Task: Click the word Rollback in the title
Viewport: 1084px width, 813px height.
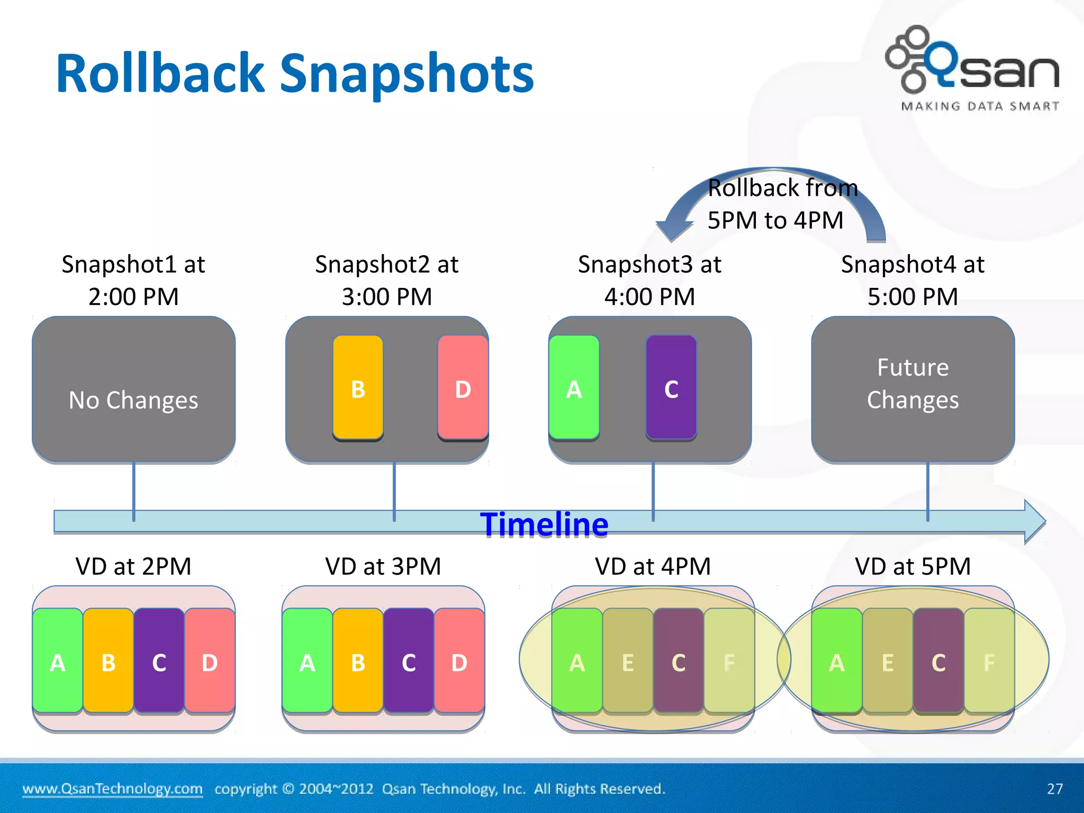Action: pyautogui.click(x=159, y=74)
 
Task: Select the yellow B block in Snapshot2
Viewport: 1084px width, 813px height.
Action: pyautogui.click(x=358, y=387)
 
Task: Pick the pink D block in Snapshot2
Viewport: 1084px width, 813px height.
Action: pyautogui.click(x=463, y=387)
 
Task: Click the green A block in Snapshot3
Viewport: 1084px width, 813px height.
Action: pyautogui.click(x=574, y=387)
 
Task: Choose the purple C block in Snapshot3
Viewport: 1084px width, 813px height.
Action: pyautogui.click(x=671, y=387)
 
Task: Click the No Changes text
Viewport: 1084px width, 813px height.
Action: pyautogui.click(x=133, y=400)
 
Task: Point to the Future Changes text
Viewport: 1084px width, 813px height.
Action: pyautogui.click(x=913, y=384)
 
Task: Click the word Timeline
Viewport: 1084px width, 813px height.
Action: pyautogui.click(x=544, y=525)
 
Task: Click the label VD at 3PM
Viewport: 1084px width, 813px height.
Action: pyautogui.click(x=383, y=566)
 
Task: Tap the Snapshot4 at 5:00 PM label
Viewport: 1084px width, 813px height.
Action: pyautogui.click(x=913, y=280)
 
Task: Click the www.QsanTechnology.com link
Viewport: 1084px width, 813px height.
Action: pyautogui.click(x=112, y=789)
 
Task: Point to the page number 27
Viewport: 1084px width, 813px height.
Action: pyautogui.click(x=1054, y=789)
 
